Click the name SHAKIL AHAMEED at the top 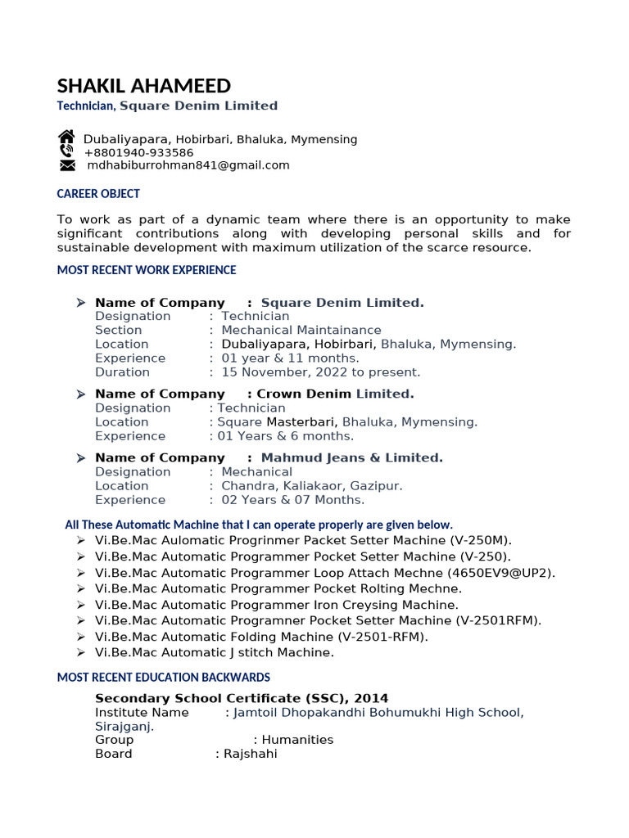[144, 86]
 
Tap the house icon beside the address [66, 138]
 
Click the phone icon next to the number [66, 152]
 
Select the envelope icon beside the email [67, 165]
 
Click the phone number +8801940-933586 [138, 152]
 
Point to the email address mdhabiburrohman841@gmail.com [188, 165]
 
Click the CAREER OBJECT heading [98, 194]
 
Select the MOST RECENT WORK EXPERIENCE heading [146, 270]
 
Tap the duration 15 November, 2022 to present [321, 372]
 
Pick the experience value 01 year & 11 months [290, 358]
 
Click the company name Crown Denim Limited [336, 394]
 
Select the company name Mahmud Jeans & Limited [351, 458]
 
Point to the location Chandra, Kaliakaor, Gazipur [312, 486]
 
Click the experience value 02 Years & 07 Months [293, 500]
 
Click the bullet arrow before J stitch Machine [80, 652]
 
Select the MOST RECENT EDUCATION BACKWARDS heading [163, 678]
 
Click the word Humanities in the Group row [297, 740]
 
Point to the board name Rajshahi [251, 754]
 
